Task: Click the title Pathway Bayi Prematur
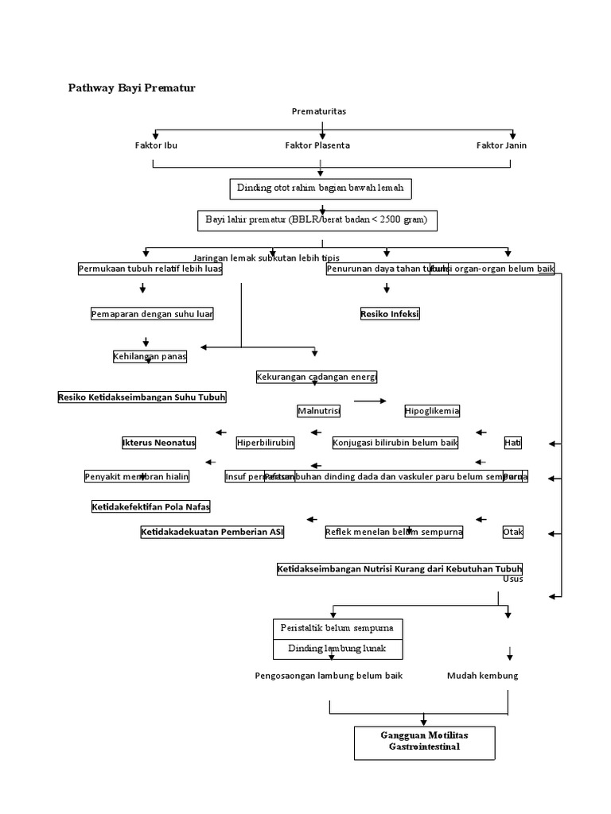(x=131, y=88)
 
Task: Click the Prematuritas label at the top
(x=319, y=111)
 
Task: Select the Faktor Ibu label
(x=157, y=145)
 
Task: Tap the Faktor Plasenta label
(x=317, y=145)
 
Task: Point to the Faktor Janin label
(x=501, y=145)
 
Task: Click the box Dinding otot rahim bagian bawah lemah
(x=321, y=188)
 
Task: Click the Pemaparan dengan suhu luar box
(x=152, y=314)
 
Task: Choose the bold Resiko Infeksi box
(x=390, y=314)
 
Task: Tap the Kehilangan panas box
(x=150, y=357)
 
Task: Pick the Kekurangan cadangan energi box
(x=317, y=377)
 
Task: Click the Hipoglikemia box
(x=432, y=411)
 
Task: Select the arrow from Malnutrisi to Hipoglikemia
(x=370, y=401)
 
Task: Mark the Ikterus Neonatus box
(x=158, y=443)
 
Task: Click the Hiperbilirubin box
(x=266, y=443)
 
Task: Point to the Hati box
(x=513, y=443)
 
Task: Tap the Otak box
(x=513, y=533)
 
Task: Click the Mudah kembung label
(x=482, y=676)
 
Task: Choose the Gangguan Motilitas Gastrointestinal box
(x=424, y=742)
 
